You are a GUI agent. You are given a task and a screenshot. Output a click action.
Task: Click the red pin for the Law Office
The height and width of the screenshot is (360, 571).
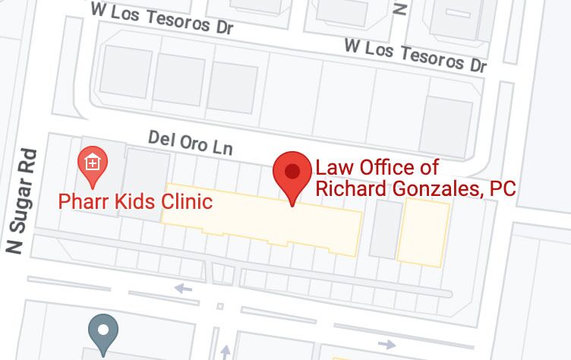coord(292,173)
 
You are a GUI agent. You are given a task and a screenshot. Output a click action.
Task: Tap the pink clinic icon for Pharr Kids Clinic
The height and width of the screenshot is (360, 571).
coord(93,163)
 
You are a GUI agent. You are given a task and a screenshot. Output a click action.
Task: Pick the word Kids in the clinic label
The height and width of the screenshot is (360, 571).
coord(134,202)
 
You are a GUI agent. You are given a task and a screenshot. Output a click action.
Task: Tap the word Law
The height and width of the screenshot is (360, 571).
coord(330,168)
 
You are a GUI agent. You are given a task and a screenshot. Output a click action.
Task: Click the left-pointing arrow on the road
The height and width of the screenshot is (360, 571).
coord(183,289)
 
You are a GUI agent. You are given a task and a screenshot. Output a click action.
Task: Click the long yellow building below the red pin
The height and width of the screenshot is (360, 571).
coord(262,216)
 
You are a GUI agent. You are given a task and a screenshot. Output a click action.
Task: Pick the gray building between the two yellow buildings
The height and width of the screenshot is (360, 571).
coord(386,229)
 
